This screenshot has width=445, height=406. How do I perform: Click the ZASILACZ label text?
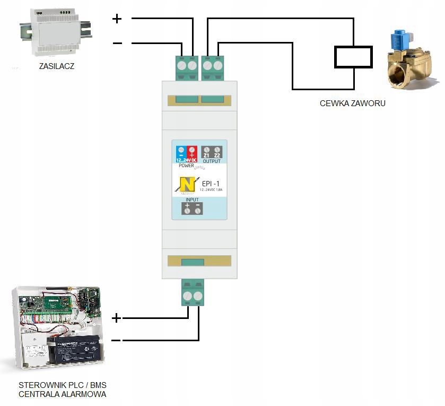pyautogui.click(x=56, y=67)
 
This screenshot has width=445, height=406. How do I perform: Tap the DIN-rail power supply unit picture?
pyautogui.click(x=56, y=33)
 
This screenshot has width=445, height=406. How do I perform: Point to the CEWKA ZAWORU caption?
pyautogui.click(x=352, y=103)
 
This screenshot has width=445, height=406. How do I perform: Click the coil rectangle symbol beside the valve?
pyautogui.click(x=353, y=57)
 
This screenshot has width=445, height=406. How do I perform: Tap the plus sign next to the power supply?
pyautogui.click(x=117, y=20)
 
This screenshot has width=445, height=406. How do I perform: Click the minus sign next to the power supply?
pyautogui.click(x=117, y=44)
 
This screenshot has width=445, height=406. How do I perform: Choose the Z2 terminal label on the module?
pyautogui.click(x=217, y=156)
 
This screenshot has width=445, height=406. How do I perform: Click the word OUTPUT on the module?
pyautogui.click(x=212, y=161)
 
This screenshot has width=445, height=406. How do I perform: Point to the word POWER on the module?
pyautogui.click(x=186, y=166)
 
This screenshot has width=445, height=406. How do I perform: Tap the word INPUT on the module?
pyautogui.click(x=193, y=200)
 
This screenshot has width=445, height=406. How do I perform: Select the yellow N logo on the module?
pyautogui.click(x=187, y=184)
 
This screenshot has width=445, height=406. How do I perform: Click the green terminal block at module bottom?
pyautogui.click(x=193, y=292)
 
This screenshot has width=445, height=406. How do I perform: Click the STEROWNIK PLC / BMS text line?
pyautogui.click(x=63, y=385)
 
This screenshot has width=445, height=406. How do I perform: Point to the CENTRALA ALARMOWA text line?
pyautogui.click(x=63, y=394)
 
